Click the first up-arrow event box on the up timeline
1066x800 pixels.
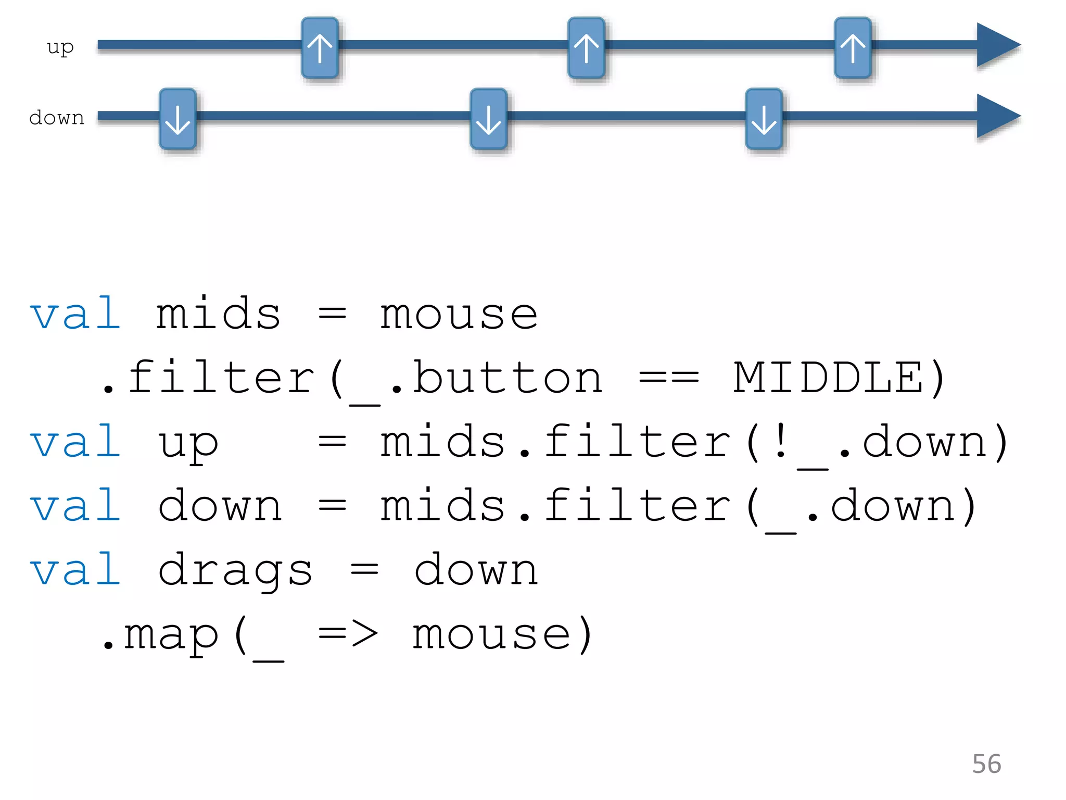point(320,48)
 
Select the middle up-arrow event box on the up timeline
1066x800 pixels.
point(586,48)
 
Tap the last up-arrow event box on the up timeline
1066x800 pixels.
point(853,48)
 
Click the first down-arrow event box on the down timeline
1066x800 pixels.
point(177,119)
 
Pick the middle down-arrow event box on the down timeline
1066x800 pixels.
point(488,119)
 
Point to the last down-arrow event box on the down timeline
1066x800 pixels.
point(764,119)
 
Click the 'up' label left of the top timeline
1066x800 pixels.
point(60,47)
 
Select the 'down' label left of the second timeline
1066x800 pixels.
point(57,118)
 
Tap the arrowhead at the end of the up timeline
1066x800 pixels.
point(997,45)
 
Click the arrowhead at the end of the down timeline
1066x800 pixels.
point(997,116)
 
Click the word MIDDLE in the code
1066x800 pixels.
point(828,378)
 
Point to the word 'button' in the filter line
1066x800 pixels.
point(507,378)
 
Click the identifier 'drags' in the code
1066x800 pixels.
point(235,570)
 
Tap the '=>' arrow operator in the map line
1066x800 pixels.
point(348,634)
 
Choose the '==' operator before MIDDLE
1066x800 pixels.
point(669,378)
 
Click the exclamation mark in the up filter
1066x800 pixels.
point(780,442)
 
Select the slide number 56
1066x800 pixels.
point(986,764)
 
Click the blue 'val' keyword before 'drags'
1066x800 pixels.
point(76,570)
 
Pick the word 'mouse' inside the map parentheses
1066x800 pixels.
point(491,635)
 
